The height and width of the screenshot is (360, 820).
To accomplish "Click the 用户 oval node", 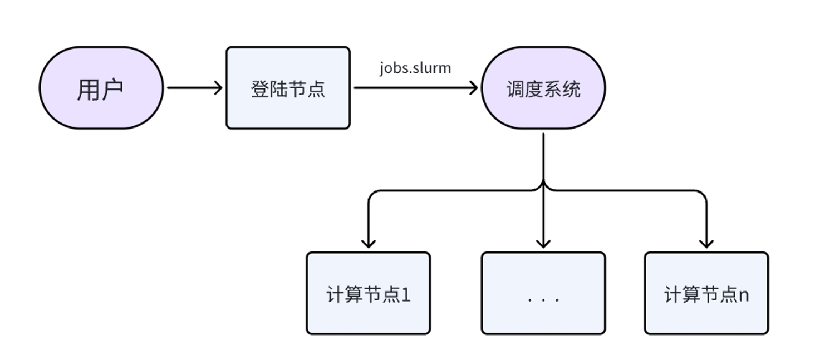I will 101,88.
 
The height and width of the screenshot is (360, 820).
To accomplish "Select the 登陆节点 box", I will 288,88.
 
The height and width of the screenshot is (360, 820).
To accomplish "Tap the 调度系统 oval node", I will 543,88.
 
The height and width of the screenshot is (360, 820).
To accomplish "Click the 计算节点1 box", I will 368,293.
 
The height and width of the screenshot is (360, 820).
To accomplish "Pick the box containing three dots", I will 543,293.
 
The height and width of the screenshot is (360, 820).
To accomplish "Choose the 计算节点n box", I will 706,293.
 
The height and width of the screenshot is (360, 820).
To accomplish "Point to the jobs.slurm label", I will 415,68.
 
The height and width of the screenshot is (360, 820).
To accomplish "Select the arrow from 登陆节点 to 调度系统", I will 415,87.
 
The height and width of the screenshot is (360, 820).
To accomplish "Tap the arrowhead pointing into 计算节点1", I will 368,243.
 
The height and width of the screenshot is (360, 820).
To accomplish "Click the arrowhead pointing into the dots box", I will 543,243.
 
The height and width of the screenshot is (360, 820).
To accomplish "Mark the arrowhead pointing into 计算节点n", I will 706,243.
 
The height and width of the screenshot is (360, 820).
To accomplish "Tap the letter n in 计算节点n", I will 743,295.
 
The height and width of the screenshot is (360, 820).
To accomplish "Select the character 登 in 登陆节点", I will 260,89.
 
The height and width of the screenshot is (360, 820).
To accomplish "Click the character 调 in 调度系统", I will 515,89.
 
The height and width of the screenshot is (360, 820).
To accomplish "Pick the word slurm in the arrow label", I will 434,68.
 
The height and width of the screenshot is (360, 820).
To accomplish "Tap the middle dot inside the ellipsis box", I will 543,300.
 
